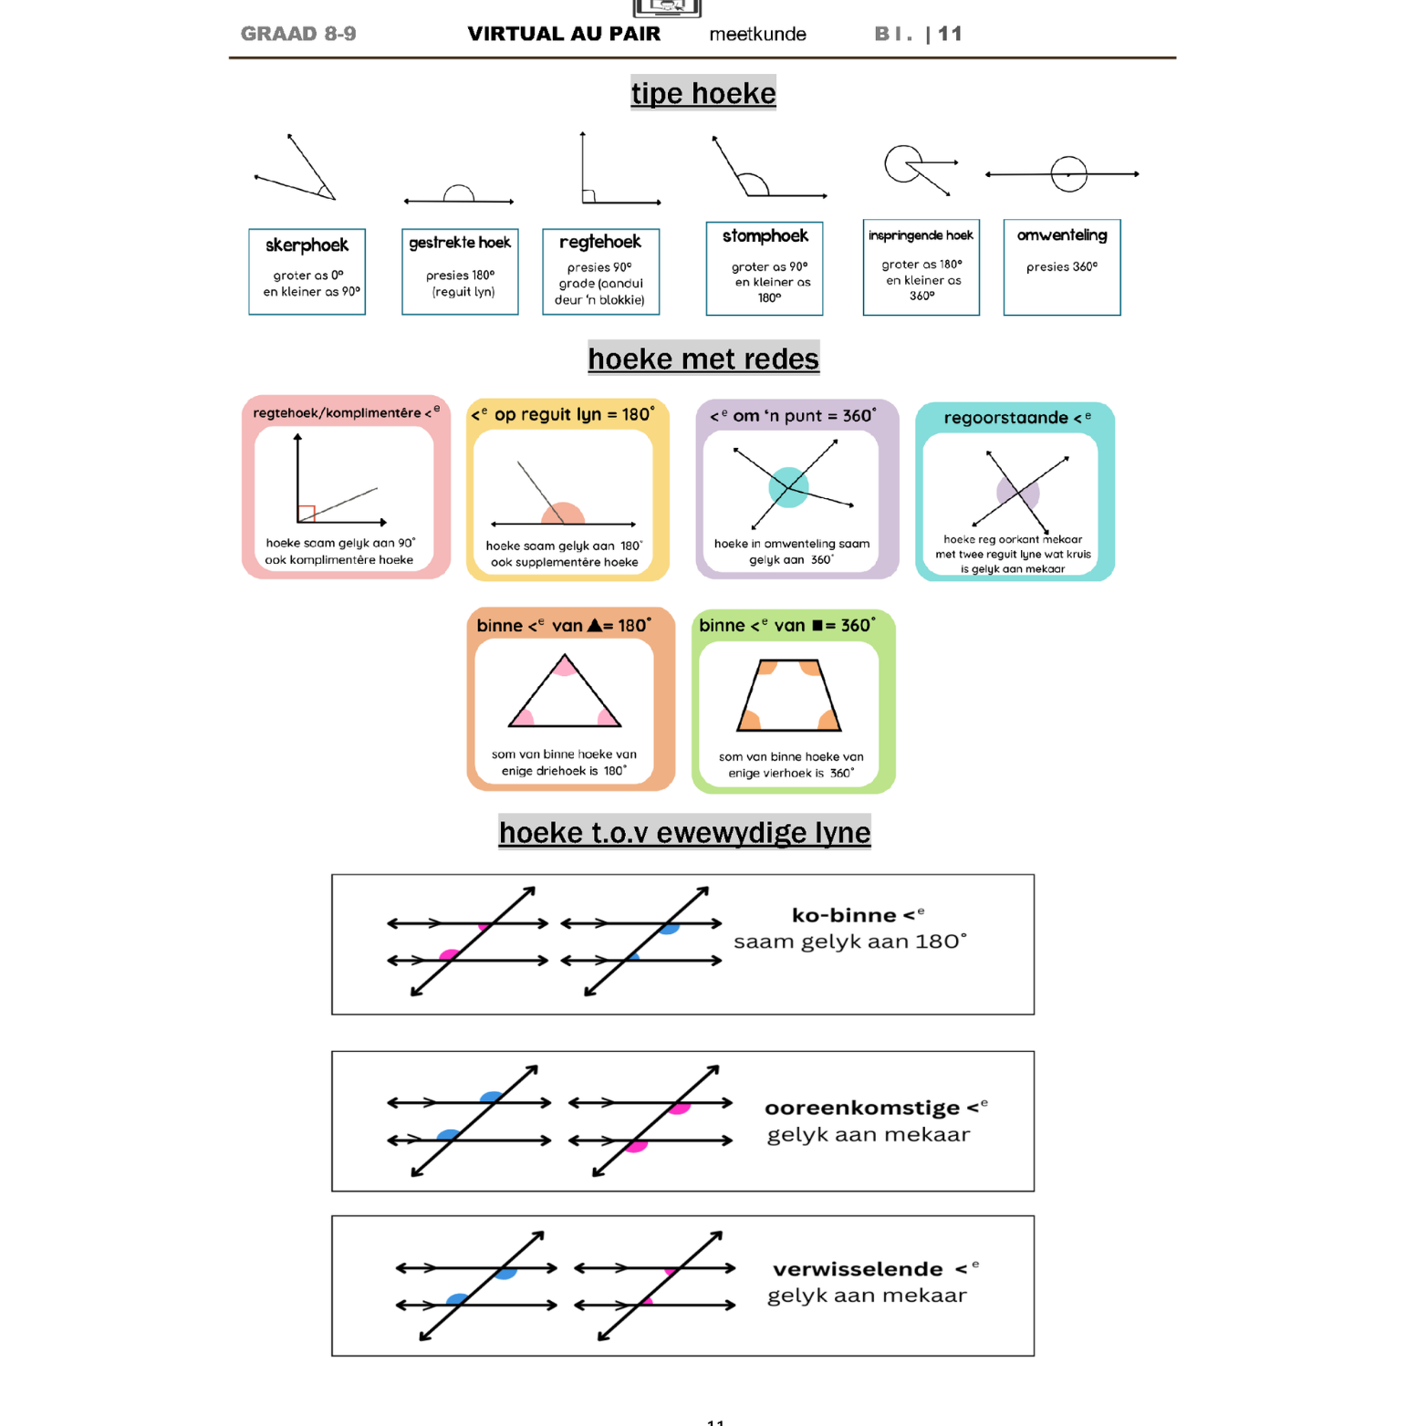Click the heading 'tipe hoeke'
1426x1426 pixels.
pos(703,93)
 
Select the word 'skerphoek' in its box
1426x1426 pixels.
pos(307,245)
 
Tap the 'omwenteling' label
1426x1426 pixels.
pos(1061,235)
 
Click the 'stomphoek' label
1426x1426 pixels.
pos(765,236)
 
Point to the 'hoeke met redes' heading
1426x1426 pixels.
pos(703,359)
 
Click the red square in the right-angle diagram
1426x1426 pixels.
pos(307,514)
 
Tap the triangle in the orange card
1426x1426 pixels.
pos(565,695)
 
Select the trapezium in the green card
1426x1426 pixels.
pos(789,696)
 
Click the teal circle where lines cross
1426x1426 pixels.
pos(788,486)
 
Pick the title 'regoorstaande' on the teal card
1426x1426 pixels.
pos(1005,418)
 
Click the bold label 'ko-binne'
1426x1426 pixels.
pos(844,915)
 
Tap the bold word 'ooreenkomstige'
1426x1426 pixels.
pos(861,1108)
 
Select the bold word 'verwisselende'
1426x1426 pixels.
pos(858,1269)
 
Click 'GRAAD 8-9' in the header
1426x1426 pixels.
pos(298,34)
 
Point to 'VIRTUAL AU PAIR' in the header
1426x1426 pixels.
pos(564,34)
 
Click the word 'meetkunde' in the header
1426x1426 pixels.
pos(757,35)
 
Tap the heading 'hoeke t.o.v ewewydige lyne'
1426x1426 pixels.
pos(684,832)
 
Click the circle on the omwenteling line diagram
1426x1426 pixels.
pos(1068,173)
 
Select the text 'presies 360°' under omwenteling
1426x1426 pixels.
pos(1061,267)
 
